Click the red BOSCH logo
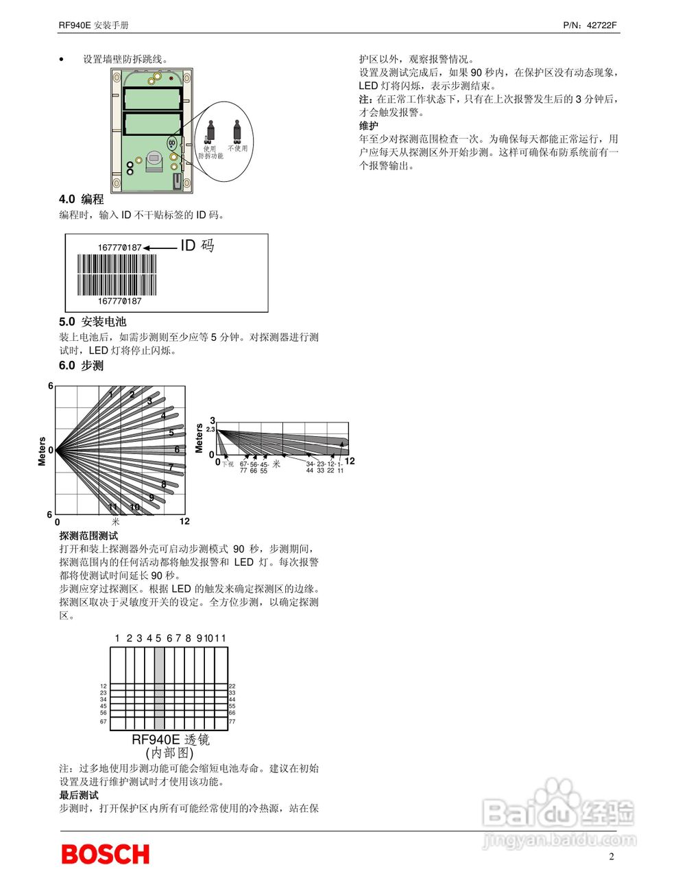105,854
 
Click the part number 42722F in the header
603,25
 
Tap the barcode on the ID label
117,274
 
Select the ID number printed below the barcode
119,301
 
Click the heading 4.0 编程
81,199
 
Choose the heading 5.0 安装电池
93,322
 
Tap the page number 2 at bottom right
612,856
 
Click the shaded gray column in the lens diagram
159,689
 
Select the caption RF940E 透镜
171,740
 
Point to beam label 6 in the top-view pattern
177,450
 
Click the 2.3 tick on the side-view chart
210,429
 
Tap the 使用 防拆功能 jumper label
210,152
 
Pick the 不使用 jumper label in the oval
237,148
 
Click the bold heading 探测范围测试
88,536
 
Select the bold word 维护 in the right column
368,126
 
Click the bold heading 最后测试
79,795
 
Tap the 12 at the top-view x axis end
184,521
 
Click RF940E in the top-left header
75,25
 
